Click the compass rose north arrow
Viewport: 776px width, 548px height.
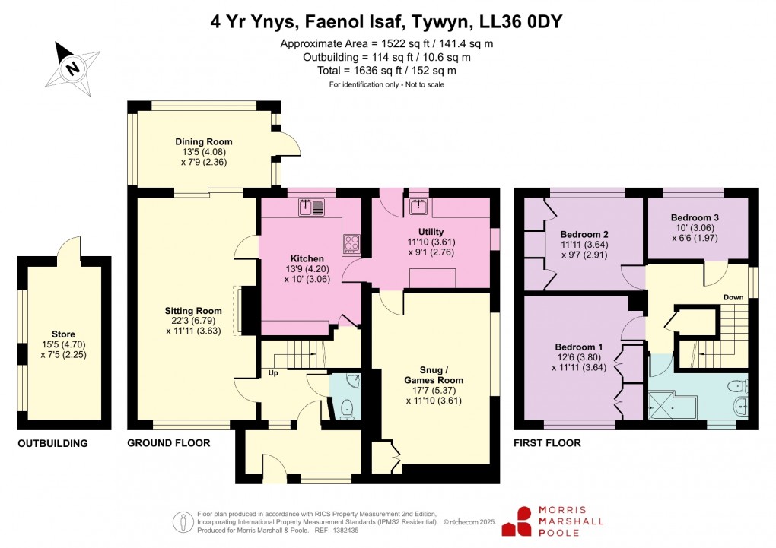coord(72,66)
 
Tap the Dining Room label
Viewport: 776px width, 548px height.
coord(204,142)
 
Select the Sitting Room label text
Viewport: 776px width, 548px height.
coord(193,311)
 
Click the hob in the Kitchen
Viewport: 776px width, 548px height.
coord(352,242)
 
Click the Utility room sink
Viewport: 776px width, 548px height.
coord(418,207)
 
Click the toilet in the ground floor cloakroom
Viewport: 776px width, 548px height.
coord(348,408)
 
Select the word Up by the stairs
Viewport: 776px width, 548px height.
coord(272,373)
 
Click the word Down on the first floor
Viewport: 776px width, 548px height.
coord(734,297)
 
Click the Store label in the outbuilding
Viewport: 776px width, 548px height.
coord(64,334)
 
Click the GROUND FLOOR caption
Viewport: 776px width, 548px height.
coord(168,443)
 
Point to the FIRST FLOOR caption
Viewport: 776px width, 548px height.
coord(547,443)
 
